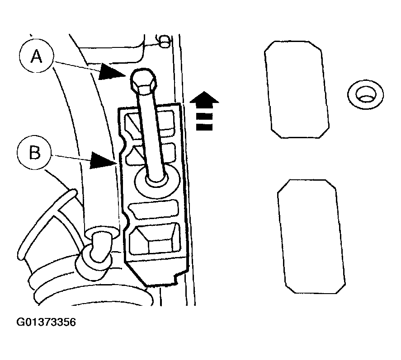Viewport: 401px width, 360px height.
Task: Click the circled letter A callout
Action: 36,56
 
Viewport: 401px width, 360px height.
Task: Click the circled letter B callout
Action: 34,153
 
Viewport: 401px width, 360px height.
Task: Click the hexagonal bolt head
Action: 143,80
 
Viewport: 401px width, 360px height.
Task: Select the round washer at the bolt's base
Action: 156,181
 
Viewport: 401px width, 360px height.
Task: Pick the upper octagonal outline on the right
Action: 297,89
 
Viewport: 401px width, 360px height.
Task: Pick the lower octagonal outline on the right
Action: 311,236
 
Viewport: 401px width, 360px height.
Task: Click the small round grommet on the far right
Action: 365,94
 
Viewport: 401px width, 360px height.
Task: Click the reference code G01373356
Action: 46,322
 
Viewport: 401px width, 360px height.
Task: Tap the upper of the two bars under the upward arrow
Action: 204,116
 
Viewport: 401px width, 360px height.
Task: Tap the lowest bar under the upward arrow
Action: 204,127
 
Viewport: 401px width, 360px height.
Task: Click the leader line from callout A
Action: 76,65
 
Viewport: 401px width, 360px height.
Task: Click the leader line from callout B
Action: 71,157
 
